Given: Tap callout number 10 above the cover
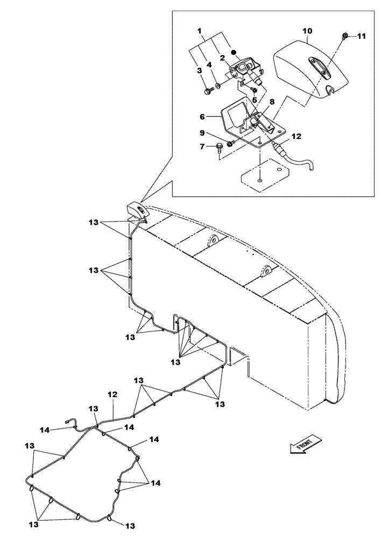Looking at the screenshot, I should pos(306,32).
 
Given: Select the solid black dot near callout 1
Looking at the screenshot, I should pos(233,52).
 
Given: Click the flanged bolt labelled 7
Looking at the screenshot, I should pos(220,146).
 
